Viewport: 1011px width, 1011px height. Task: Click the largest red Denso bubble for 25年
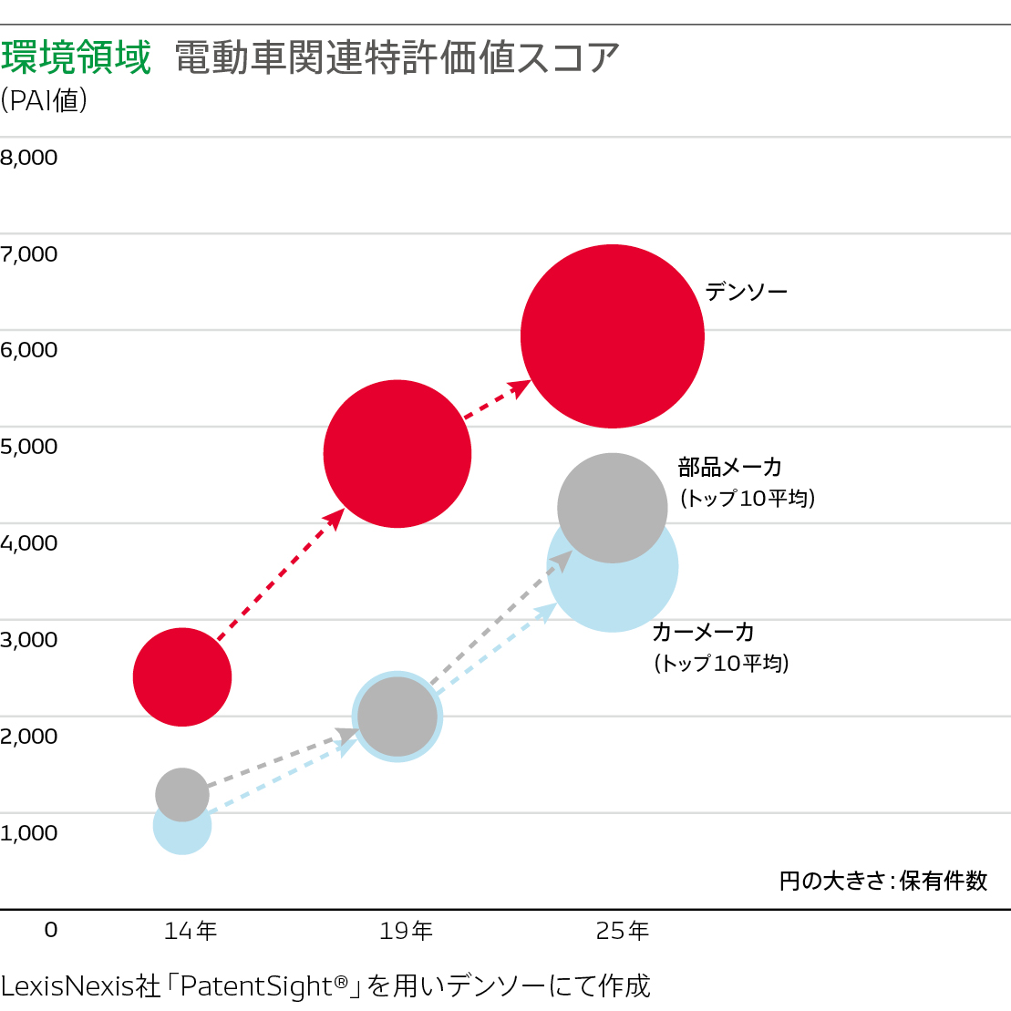pos(613,335)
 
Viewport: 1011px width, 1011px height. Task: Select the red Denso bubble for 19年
pos(397,453)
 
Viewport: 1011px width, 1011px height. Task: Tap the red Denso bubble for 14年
pos(182,676)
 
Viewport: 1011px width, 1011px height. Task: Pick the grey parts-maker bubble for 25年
pos(613,507)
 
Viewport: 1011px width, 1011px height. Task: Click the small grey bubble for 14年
pos(182,794)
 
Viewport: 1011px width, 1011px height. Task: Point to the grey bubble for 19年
pos(397,716)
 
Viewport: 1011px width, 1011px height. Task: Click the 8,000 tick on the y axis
pos(29,158)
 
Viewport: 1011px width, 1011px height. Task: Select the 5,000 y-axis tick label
pos(29,447)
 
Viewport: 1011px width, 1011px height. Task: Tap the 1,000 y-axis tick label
pos(29,832)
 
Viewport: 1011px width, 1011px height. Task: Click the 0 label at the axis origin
pos(51,929)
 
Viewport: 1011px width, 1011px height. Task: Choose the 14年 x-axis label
pos(191,931)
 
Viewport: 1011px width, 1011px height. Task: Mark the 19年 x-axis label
pos(406,931)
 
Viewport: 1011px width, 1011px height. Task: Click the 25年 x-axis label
pos(623,931)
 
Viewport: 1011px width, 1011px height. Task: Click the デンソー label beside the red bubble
pos(746,292)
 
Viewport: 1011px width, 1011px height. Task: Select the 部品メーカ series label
pos(730,468)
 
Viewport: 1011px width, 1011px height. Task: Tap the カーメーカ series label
pos(703,632)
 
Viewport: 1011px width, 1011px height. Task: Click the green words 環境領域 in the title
pos(77,57)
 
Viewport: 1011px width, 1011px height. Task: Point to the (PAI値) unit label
pos(44,99)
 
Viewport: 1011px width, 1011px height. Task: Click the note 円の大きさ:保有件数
pos(883,881)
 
